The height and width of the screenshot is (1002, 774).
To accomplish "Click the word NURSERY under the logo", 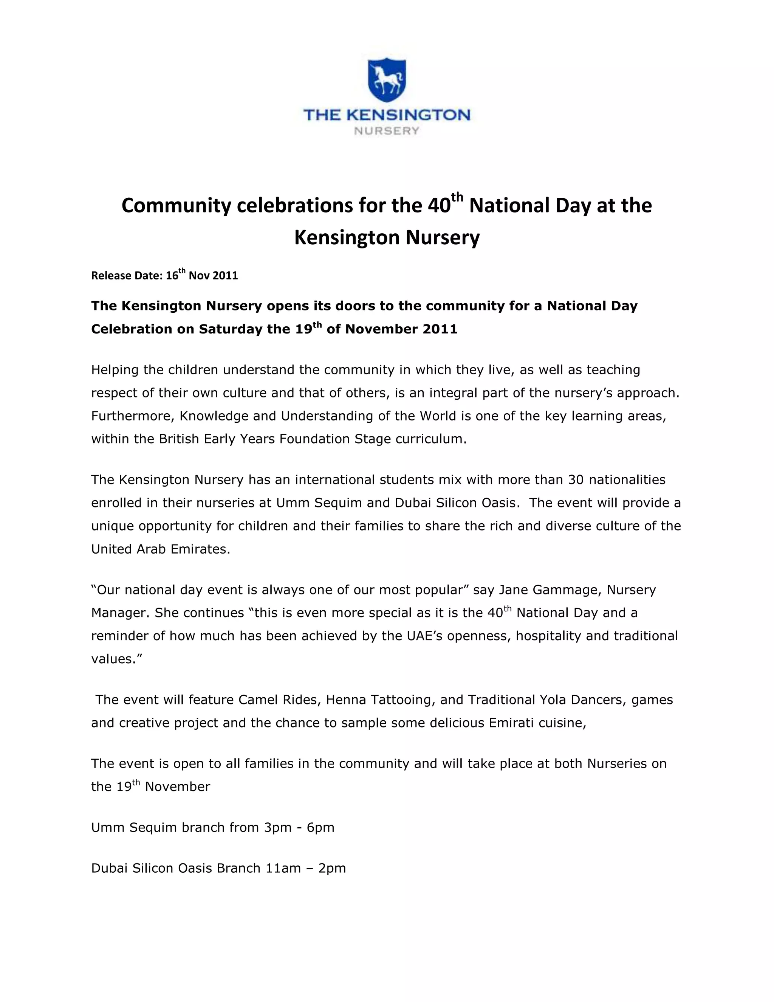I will click(387, 131).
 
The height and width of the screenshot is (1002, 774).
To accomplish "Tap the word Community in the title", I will click(176, 206).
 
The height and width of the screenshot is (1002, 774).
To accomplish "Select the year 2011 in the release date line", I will click(226, 276).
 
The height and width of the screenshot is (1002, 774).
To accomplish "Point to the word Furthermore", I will click(132, 416).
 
